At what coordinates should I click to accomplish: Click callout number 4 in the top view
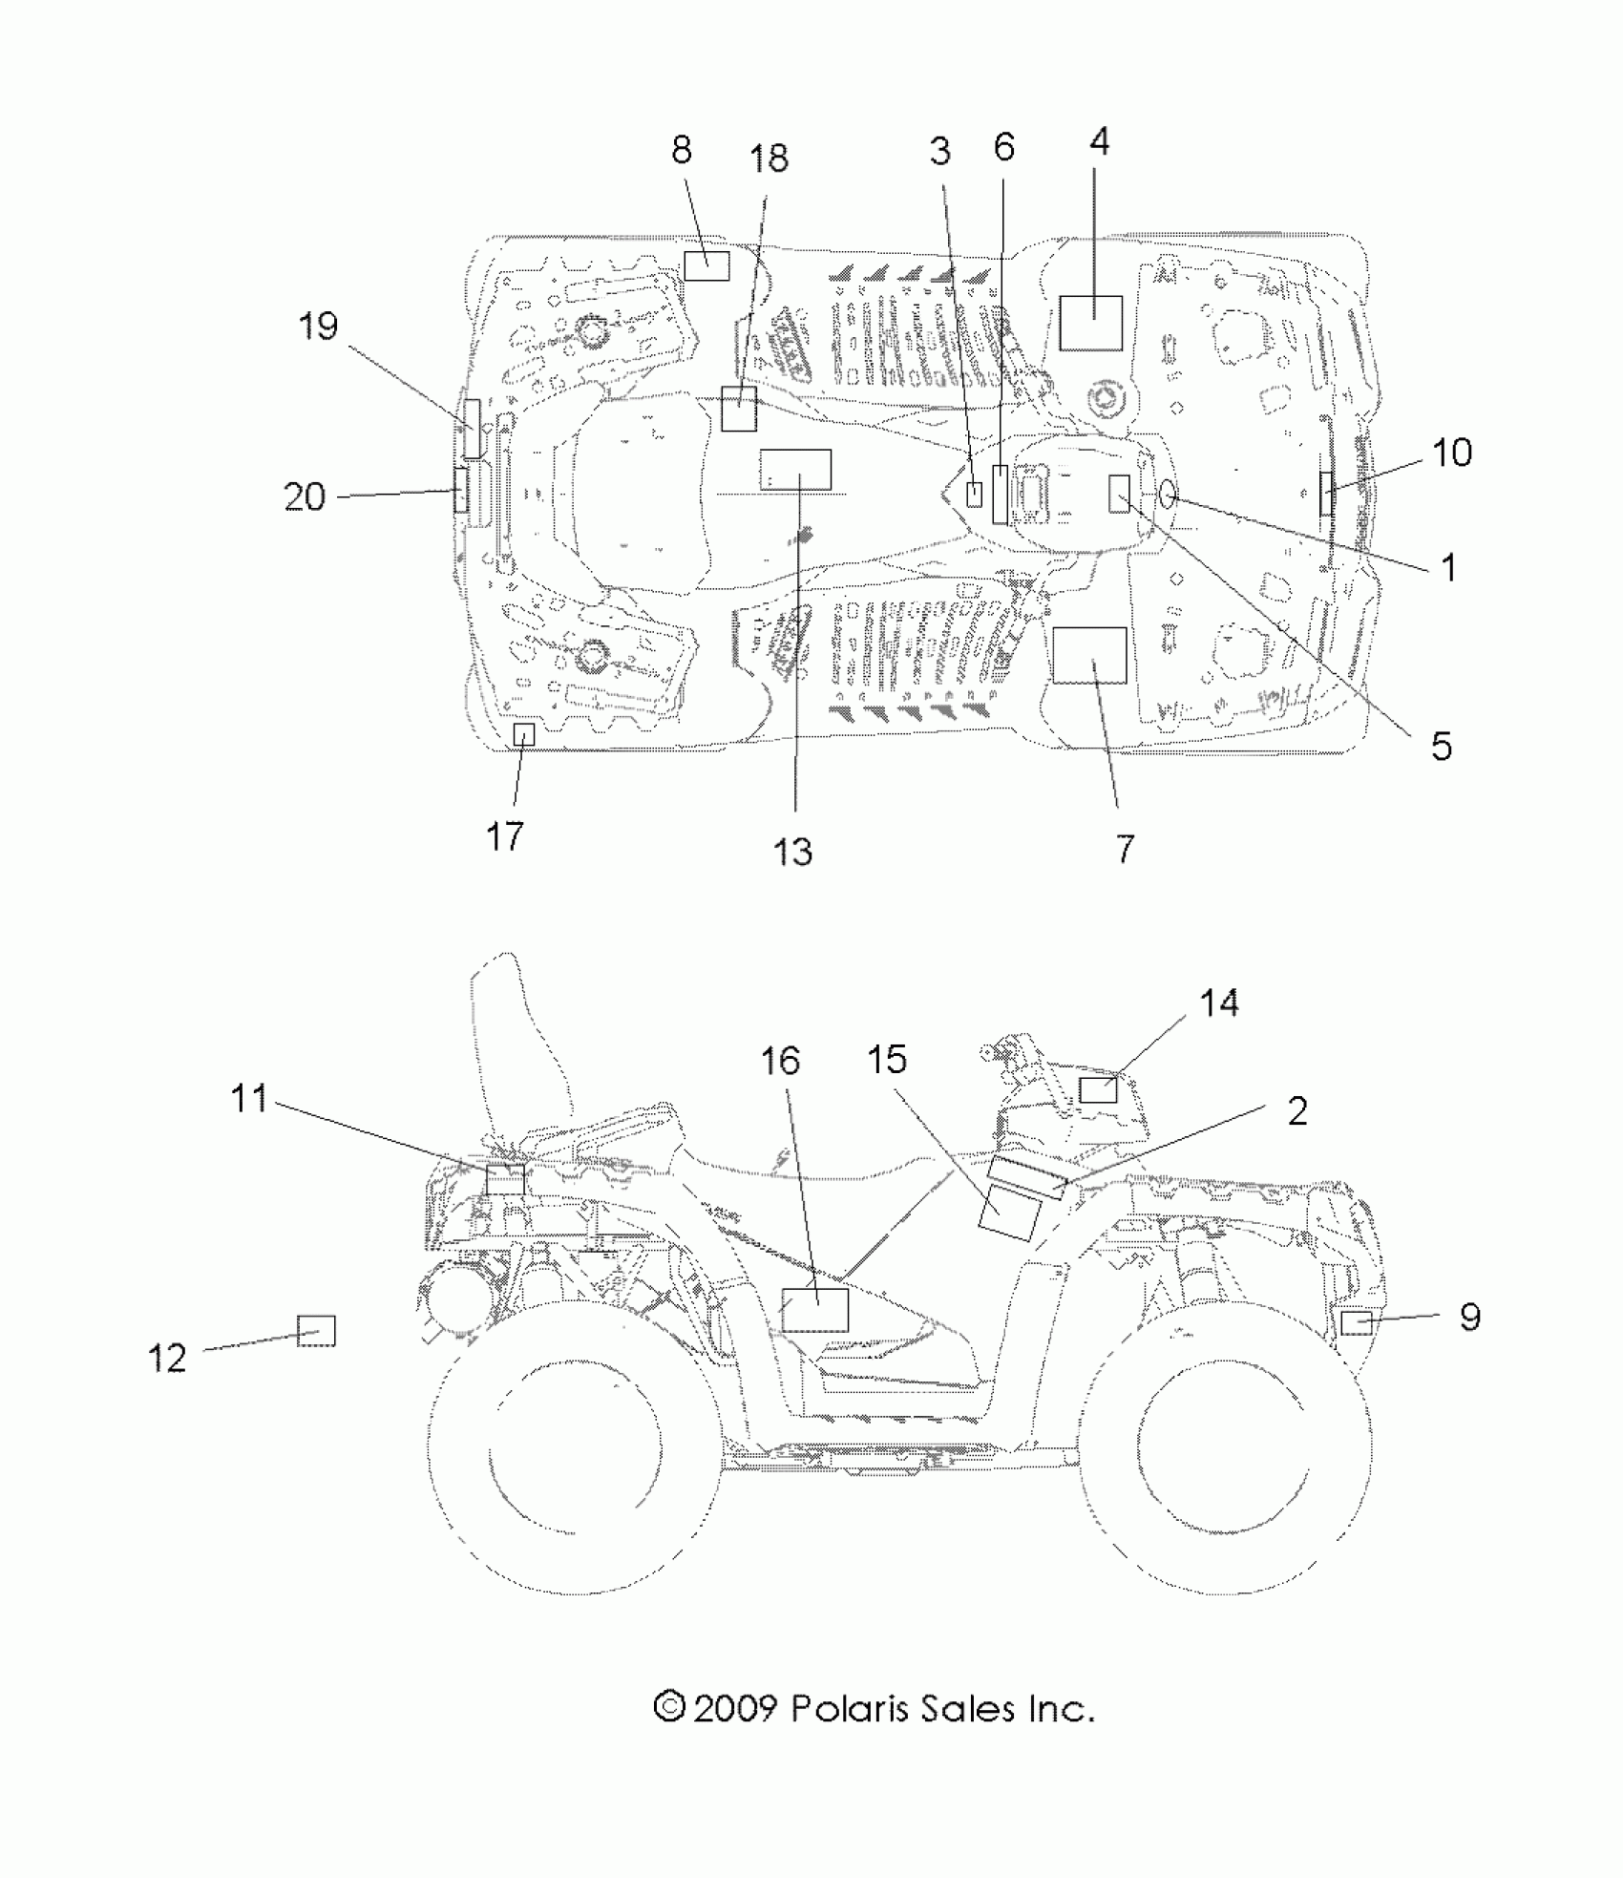coord(1099,142)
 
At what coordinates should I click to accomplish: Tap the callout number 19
coord(318,327)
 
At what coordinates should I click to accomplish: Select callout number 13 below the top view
coord(792,851)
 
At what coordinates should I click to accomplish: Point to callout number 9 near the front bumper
coord(1470,1317)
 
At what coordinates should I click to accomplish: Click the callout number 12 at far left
coord(167,1357)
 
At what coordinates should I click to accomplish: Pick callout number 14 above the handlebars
coord(1219,1003)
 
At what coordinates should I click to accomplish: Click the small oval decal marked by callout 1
coord(1169,494)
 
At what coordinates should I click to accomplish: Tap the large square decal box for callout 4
coord(1090,323)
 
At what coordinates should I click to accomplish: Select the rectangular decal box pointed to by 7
coord(1089,655)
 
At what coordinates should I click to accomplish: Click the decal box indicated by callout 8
coord(706,265)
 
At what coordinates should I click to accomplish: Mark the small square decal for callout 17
coord(524,734)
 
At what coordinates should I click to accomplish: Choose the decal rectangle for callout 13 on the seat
coord(795,470)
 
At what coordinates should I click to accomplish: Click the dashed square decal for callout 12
coord(316,1330)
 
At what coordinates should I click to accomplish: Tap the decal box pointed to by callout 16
coord(814,1309)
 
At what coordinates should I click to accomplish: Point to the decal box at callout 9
coord(1357,1322)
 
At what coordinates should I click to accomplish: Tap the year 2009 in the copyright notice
coord(734,1708)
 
